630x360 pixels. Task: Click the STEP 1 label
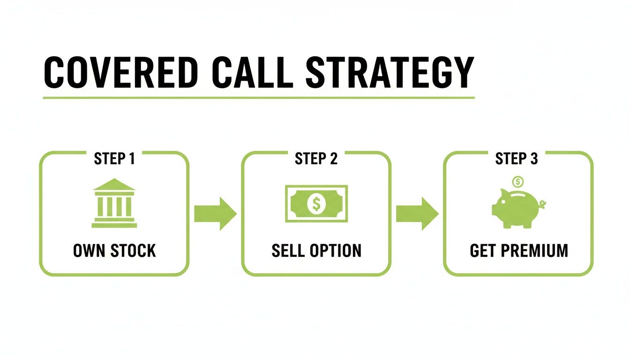tap(114, 159)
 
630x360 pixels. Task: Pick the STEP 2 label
tap(316, 159)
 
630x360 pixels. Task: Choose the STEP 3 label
tap(517, 159)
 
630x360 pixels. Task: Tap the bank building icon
tap(114, 203)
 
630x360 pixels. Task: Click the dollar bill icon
tap(316, 203)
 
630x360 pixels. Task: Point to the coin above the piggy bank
tap(517, 181)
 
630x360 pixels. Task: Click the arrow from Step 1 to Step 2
tap(215, 213)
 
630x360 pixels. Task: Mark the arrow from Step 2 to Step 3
tap(416, 213)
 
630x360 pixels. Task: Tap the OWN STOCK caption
tap(114, 251)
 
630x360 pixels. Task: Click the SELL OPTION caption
tap(316, 251)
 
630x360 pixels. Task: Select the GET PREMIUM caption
tap(518, 251)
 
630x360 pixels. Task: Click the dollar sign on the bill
tap(316, 203)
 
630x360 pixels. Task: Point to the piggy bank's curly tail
tap(543, 204)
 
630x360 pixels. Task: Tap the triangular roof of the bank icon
tap(114, 185)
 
